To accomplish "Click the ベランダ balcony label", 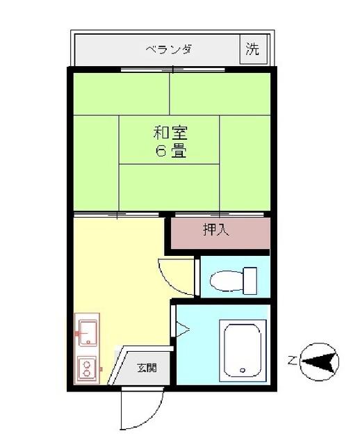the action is click(170, 49).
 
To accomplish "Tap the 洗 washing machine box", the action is click(254, 49).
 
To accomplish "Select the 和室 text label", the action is click(170, 133).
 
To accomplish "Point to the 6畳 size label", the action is click(170, 151).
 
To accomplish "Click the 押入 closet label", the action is click(216, 229).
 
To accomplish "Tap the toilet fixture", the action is click(234, 281).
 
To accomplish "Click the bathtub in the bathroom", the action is click(243, 350).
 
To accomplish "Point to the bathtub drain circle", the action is click(243, 370).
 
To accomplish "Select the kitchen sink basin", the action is click(88, 333).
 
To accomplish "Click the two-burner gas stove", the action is click(87, 368).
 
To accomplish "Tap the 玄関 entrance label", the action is click(147, 368).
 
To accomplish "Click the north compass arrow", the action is click(320, 362).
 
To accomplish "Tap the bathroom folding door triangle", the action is click(182, 329).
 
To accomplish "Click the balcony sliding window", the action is click(173, 70).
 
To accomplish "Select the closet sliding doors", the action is click(220, 214).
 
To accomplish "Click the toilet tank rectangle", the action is click(250, 281).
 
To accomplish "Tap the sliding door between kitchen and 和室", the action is click(116, 215).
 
